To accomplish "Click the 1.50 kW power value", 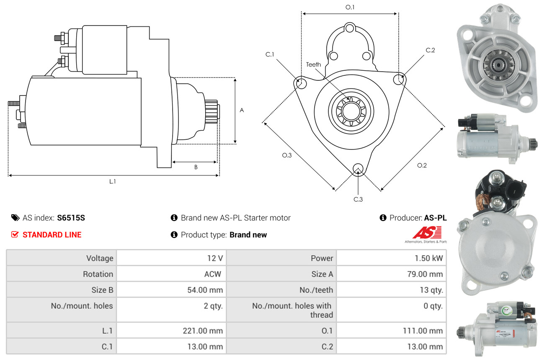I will tap(428, 258).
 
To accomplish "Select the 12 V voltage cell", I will tap(214, 258).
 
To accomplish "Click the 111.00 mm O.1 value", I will tap(423, 331).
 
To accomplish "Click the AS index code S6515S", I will tap(71, 218).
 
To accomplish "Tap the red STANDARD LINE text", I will tap(52, 235).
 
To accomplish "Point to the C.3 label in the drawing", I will tap(358, 199).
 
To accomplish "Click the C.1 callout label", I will tap(269, 54).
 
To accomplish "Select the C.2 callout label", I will tap(430, 50).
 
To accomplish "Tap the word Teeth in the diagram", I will tap(313, 64).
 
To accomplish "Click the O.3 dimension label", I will tap(286, 155).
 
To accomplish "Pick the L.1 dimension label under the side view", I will tap(112, 181).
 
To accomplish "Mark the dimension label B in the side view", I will tap(196, 167).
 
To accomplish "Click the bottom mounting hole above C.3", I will tap(358, 169).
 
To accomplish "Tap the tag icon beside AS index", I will tap(15, 218).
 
